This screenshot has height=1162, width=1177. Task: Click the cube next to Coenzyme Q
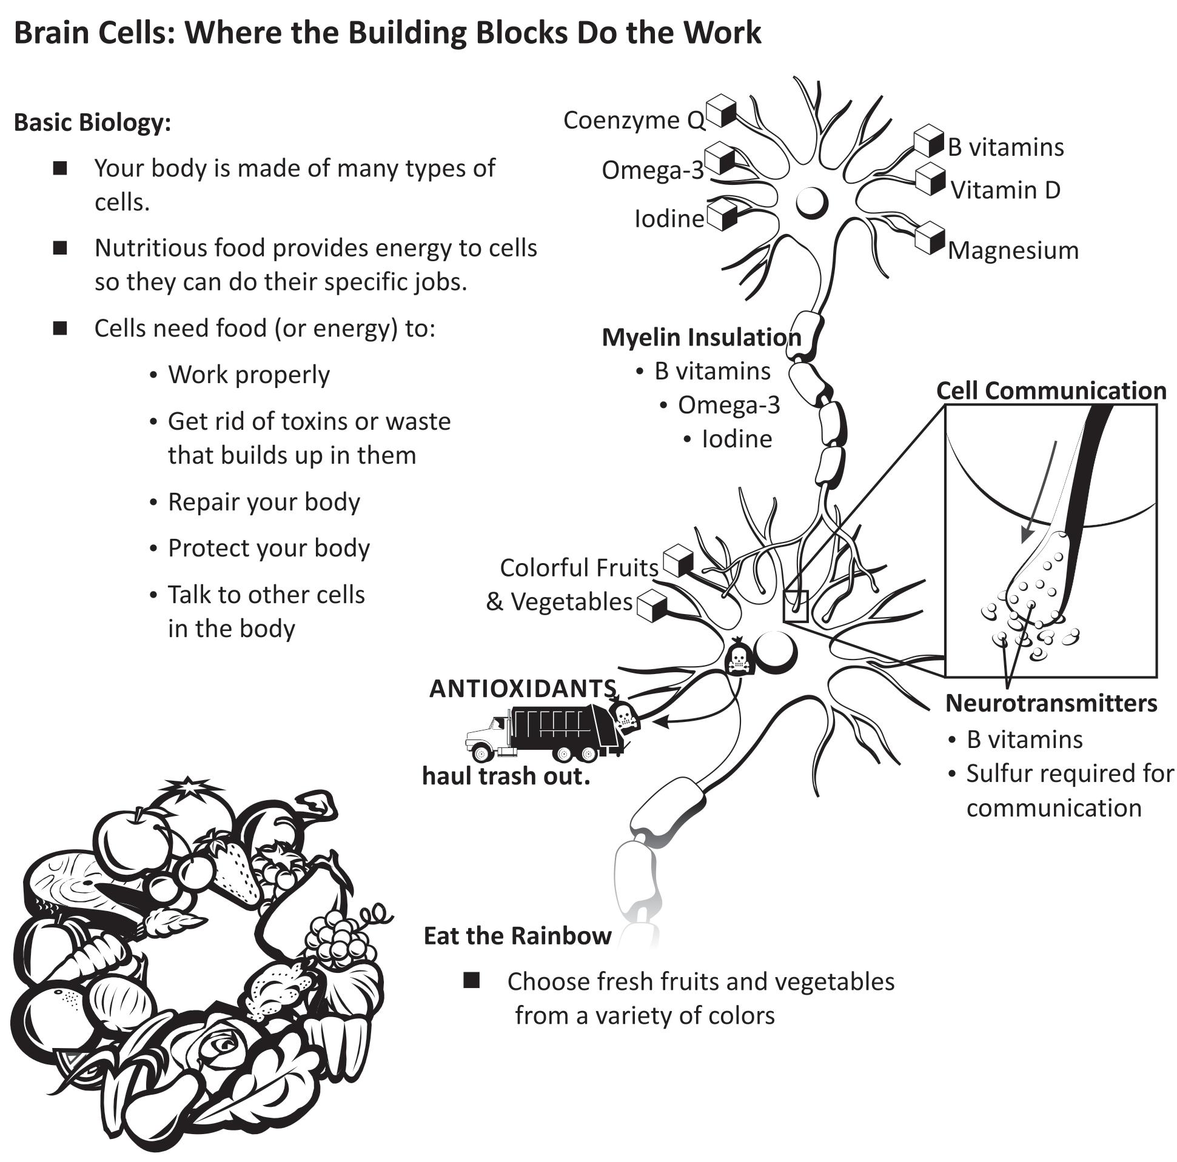point(722,111)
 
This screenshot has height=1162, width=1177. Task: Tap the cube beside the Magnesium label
point(930,238)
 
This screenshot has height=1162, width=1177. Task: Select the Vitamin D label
point(1005,190)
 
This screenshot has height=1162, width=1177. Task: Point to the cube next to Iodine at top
point(722,214)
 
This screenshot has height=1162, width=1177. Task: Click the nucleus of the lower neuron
point(776,652)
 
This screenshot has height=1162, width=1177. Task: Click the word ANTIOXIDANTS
point(523,688)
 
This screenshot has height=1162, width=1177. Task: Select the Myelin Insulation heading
point(701,337)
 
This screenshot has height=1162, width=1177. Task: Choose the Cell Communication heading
point(1051,390)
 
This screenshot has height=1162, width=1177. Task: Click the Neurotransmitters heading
point(1051,703)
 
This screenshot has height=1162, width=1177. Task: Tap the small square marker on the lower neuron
point(796,607)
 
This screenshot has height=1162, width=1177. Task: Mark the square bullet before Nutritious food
point(59,248)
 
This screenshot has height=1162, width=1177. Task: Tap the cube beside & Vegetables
point(652,606)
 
